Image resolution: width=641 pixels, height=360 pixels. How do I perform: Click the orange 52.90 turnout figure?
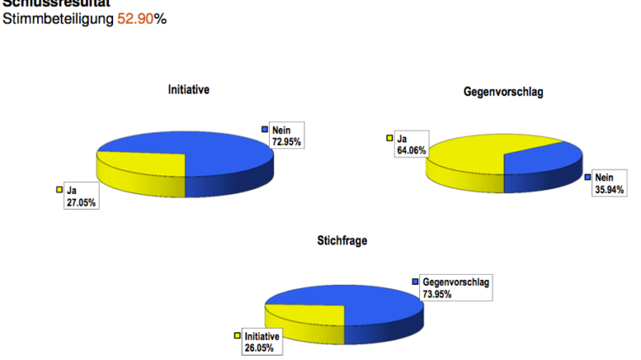click(135, 19)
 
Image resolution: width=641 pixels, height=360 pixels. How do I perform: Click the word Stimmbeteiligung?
click(58, 19)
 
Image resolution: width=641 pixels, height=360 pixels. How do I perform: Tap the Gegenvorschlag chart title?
click(503, 90)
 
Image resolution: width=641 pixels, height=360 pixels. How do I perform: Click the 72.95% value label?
click(286, 142)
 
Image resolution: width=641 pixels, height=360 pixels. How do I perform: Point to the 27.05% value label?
click(81, 202)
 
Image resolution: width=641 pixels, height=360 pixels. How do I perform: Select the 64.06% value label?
click(411, 150)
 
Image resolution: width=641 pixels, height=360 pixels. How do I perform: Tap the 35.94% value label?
click(609, 190)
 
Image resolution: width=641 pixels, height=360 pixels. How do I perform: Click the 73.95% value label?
click(438, 293)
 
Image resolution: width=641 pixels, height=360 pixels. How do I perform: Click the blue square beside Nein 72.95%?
click(265, 130)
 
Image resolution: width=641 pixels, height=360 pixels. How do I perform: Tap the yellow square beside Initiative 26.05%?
click(238, 335)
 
